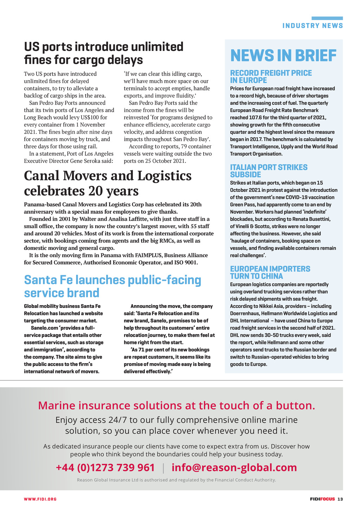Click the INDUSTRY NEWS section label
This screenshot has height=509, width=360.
(313, 26)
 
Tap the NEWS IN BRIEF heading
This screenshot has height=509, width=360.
(283, 56)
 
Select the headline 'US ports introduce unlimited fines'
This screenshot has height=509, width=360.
(104, 53)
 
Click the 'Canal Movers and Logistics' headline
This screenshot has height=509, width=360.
(108, 183)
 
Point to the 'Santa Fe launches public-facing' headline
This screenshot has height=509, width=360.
(112, 286)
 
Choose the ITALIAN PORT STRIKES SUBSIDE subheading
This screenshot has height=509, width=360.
(269, 171)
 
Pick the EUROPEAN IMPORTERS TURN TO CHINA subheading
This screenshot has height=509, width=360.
(270, 272)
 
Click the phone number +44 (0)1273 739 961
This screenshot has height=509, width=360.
(105, 468)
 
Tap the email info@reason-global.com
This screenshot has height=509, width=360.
(234, 468)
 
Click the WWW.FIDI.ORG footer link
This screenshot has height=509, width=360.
(40, 499)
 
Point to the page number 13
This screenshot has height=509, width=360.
(340, 499)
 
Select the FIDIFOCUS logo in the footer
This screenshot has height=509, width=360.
(322, 499)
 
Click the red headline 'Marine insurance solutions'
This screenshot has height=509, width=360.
(176, 406)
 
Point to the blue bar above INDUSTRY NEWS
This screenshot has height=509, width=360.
(327, 18)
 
